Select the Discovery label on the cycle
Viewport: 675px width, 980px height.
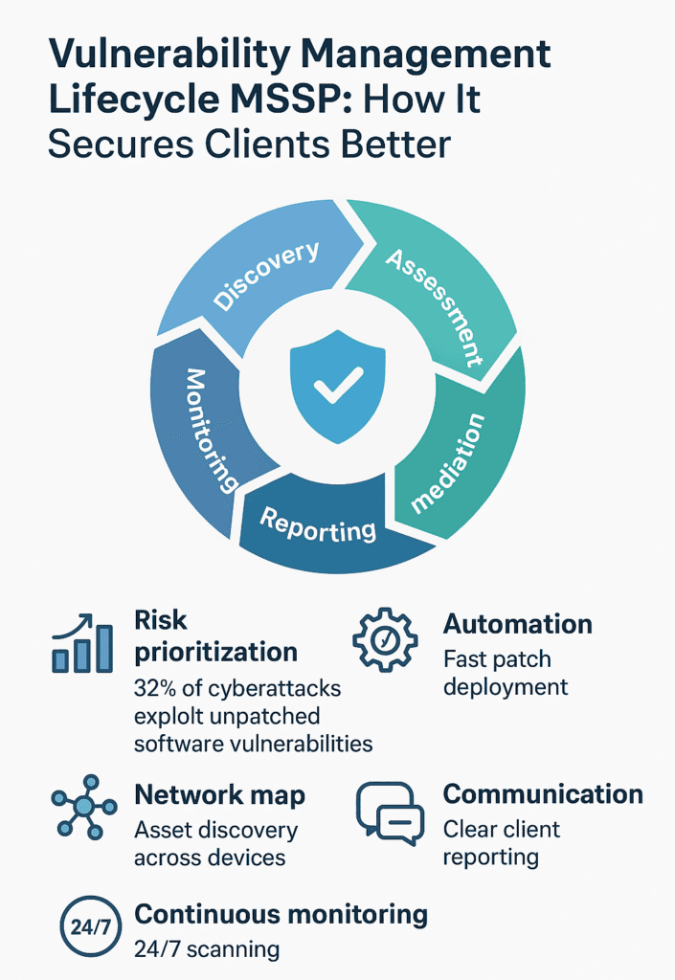pos(266,275)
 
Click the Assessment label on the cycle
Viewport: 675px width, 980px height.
pos(435,307)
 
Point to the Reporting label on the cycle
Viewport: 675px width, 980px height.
pos(318,524)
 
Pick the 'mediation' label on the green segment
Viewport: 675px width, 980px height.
pos(447,463)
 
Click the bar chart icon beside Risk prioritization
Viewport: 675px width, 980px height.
pos(82,643)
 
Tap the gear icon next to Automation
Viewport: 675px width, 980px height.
pos(385,639)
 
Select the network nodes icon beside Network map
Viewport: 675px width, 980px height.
pos(84,807)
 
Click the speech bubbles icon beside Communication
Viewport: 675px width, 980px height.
pos(390,813)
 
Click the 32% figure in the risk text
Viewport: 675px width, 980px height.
pos(155,688)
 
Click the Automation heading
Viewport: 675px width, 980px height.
pos(517,624)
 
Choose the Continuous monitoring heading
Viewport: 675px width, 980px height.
pos(281,914)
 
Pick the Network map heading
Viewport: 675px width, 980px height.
pos(220,795)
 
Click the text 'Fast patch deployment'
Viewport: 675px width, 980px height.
pos(506,673)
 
